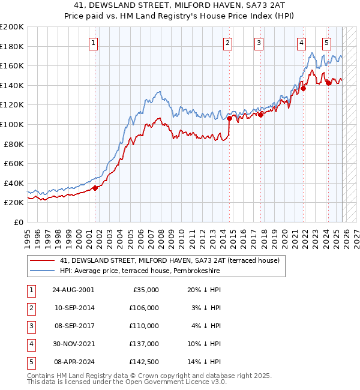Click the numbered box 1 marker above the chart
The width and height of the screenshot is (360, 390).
click(x=95, y=43)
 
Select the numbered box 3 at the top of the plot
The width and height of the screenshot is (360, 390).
click(x=259, y=43)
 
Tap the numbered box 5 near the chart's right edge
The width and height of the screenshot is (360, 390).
click(x=326, y=43)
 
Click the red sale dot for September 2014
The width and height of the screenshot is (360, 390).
click(x=229, y=118)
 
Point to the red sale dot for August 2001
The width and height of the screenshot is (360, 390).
click(x=95, y=188)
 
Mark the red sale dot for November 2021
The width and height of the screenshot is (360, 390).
click(x=304, y=88)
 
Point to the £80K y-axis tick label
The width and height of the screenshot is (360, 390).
click(x=13, y=144)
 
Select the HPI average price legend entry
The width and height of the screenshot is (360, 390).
click(x=140, y=271)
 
